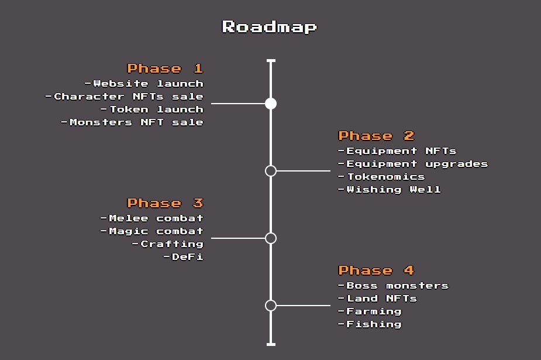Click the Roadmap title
pyautogui.click(x=270, y=27)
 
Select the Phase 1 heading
pyautogui.click(x=166, y=68)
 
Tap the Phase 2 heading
pyautogui.click(x=377, y=136)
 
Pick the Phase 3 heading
pyautogui.click(x=166, y=203)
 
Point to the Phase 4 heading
pyautogui.click(x=377, y=270)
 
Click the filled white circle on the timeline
pyautogui.click(x=271, y=104)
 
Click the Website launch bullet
pyautogui.click(x=144, y=84)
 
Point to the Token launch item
pyautogui.click(x=152, y=109)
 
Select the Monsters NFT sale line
pyautogui.click(x=133, y=122)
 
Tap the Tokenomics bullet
pyautogui.click(x=381, y=177)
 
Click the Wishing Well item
pyautogui.click(x=389, y=190)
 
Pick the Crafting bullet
pyautogui.click(x=168, y=244)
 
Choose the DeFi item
pyautogui.click(x=184, y=257)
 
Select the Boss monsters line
pyautogui.click(x=394, y=286)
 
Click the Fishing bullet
pyautogui.click(x=370, y=324)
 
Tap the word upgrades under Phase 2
pyautogui.click(x=456, y=164)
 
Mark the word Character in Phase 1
pyautogui.click(x=89, y=97)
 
